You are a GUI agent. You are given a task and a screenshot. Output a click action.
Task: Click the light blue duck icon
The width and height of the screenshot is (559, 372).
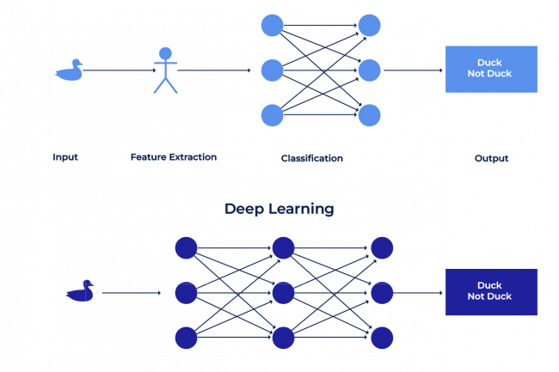tap(69, 70)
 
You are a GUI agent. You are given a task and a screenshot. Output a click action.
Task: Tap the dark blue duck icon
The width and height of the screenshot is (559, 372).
tap(79, 291)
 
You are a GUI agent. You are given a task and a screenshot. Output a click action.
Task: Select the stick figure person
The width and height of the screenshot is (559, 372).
tap(165, 70)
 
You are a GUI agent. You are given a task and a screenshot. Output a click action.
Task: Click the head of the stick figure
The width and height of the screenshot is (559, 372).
tap(165, 52)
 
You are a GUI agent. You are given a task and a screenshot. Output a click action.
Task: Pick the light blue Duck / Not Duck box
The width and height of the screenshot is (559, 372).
tap(490, 69)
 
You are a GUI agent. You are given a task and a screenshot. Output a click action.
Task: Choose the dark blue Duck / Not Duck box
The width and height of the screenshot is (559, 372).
tap(490, 291)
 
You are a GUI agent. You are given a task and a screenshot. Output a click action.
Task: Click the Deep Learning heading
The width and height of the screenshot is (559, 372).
tap(279, 209)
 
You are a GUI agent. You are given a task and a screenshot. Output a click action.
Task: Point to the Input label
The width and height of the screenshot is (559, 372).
tap(65, 157)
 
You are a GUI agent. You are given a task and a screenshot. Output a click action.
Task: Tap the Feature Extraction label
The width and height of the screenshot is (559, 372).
tap(174, 157)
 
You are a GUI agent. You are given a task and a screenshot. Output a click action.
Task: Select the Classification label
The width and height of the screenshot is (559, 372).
tap(311, 158)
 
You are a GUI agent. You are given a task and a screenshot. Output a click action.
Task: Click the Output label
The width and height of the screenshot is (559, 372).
tap(491, 158)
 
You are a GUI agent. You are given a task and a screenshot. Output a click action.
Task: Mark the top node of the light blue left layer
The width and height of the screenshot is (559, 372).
tap(272, 25)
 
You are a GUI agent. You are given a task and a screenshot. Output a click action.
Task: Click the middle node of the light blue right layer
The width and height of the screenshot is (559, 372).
tap(369, 70)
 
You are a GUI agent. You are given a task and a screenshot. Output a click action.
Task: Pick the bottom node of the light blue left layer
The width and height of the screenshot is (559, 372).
tap(272, 114)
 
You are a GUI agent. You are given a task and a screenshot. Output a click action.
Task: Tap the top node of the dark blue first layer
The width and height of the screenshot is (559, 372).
tap(186, 248)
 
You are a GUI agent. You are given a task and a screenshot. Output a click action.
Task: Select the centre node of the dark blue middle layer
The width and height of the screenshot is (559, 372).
tap(284, 293)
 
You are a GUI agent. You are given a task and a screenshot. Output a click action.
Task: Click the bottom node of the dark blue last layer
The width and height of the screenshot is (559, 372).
tap(382, 338)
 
